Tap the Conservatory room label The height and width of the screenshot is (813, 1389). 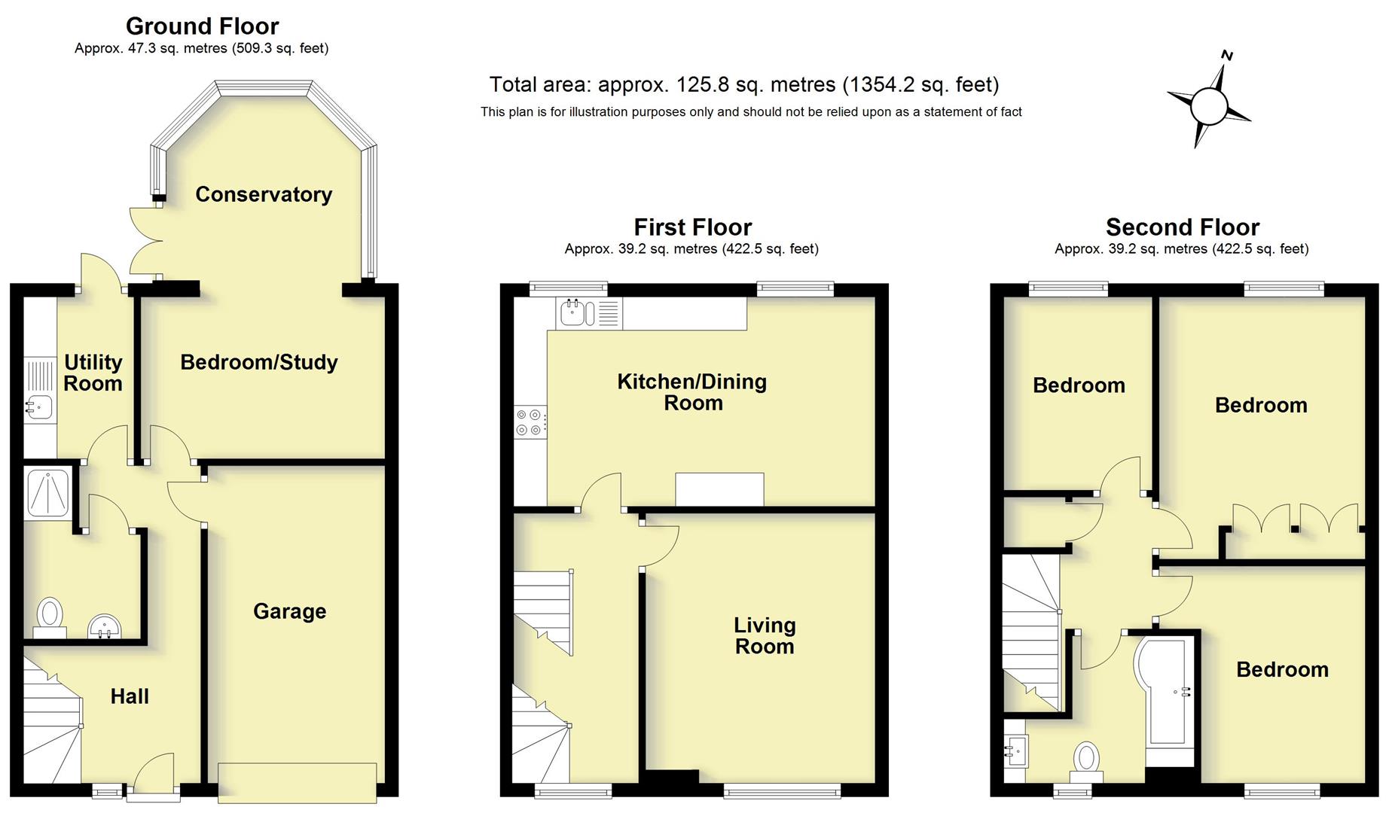264,194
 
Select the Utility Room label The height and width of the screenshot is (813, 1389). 93,373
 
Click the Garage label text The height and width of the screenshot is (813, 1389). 290,611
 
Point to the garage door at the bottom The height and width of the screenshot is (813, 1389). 297,782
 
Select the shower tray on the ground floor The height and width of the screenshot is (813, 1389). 48,494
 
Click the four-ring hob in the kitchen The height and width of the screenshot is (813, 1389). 529,422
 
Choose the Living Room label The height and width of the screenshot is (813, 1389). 765,635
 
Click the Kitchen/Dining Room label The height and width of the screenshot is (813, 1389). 691,391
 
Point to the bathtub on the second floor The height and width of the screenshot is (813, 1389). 1166,700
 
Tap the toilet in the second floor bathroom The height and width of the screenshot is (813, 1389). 1086,762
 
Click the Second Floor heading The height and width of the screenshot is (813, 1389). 1182,227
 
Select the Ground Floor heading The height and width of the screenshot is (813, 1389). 202,26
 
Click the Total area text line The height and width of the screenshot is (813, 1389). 744,84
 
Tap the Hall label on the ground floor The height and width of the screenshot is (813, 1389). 130,696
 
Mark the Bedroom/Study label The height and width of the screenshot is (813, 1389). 259,362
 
